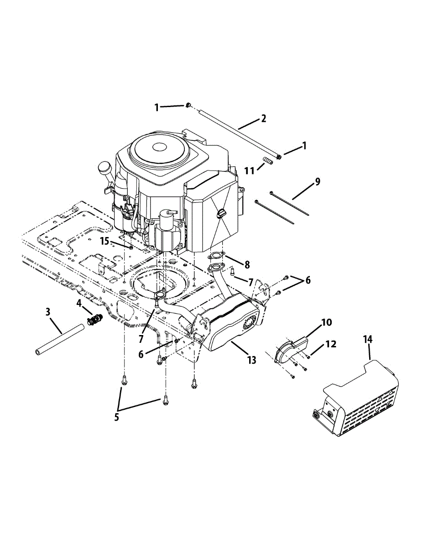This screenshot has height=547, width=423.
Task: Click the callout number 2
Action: pyautogui.click(x=263, y=119)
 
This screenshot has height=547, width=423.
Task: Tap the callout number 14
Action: pyautogui.click(x=368, y=339)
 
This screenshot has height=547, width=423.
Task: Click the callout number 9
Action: pyautogui.click(x=317, y=181)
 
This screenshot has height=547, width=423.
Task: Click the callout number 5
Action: pyautogui.click(x=117, y=417)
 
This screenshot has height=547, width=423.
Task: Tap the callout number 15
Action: pyautogui.click(x=105, y=241)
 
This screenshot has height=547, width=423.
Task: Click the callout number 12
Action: pyautogui.click(x=330, y=344)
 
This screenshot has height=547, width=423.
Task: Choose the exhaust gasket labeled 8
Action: pyautogui.click(x=217, y=256)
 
